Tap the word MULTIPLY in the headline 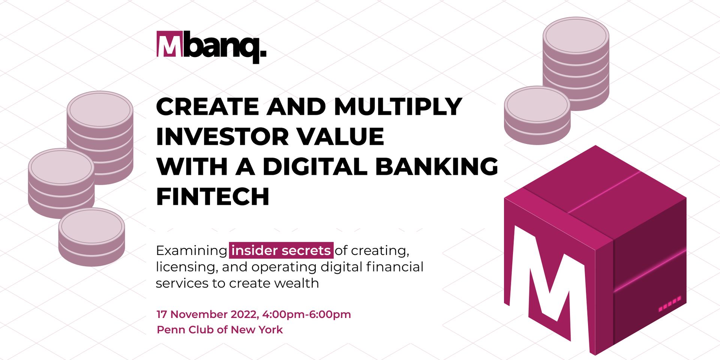(398, 106)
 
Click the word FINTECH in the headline (213, 196)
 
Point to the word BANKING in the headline (436, 166)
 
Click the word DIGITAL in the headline (315, 166)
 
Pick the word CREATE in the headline (207, 106)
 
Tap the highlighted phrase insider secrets (281, 250)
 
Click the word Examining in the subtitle (192, 250)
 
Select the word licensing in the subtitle (186, 267)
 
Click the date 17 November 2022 (207, 314)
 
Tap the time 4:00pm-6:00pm (306, 314)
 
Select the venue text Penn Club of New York (220, 330)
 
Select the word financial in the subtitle (394, 267)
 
